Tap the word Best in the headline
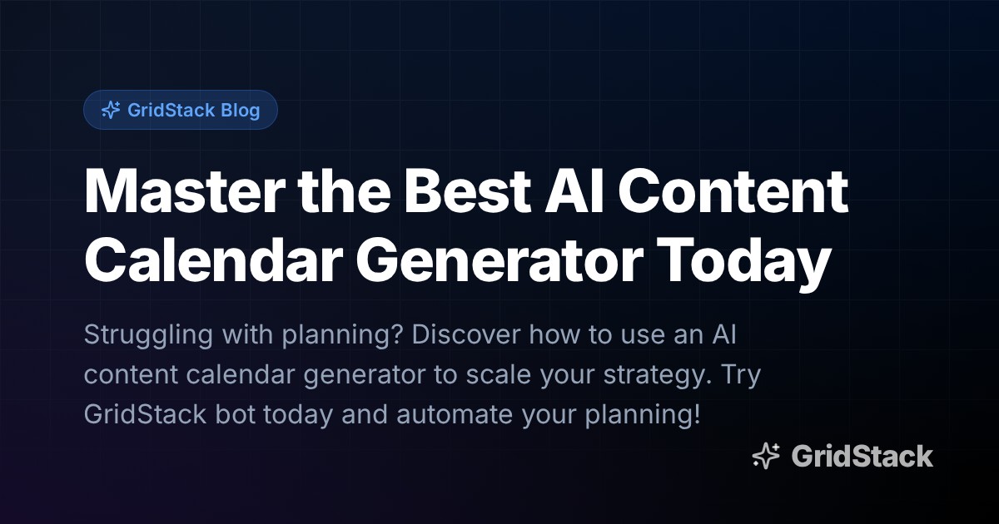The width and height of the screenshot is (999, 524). [x=463, y=193]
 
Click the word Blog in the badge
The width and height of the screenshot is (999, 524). [x=241, y=110]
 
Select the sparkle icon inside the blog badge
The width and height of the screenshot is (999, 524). [x=110, y=110]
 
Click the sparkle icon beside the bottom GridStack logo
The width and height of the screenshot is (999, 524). [x=766, y=456]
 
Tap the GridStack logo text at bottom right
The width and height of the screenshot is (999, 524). [x=862, y=456]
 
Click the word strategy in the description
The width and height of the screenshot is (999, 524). [x=650, y=376]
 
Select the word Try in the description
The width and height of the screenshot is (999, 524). [x=739, y=376]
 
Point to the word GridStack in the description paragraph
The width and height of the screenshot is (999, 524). [x=145, y=414]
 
